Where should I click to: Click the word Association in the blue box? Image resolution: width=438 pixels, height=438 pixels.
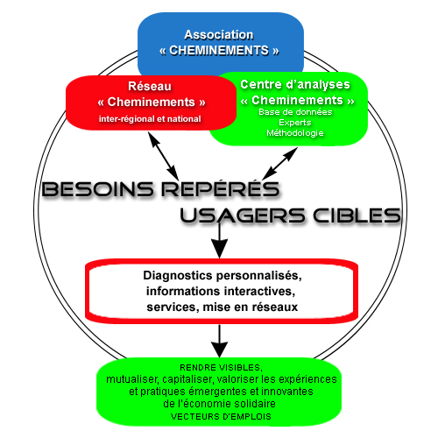point(219,35)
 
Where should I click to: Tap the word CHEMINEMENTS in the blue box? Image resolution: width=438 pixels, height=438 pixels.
point(219,51)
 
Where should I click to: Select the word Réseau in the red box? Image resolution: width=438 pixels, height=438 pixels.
point(150,86)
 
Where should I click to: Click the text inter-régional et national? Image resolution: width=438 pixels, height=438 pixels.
point(150,119)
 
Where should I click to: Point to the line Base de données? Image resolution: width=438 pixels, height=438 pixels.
point(295,112)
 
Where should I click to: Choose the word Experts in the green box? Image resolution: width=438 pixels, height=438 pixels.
point(295,123)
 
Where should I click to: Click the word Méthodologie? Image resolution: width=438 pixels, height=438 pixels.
point(295,133)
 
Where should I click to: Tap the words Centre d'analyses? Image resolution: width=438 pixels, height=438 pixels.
point(295,84)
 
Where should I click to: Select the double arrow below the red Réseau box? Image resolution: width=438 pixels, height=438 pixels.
point(163,156)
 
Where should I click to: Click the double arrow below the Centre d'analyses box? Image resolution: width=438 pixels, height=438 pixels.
point(279,164)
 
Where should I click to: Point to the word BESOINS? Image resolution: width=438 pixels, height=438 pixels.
point(98,188)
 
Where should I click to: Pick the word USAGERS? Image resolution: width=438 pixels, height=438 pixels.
point(243,215)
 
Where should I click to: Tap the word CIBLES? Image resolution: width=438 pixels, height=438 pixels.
point(357,215)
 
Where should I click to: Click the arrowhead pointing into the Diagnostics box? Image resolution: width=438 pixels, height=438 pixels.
point(220,249)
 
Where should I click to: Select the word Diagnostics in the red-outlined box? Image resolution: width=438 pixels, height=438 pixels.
point(178,276)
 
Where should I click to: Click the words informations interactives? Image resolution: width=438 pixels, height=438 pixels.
point(221,291)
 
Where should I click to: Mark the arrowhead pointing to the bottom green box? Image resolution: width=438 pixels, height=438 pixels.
point(220,349)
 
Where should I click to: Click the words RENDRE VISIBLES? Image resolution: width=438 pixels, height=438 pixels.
point(221,368)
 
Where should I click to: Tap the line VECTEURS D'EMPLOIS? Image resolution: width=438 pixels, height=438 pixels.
point(221,417)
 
